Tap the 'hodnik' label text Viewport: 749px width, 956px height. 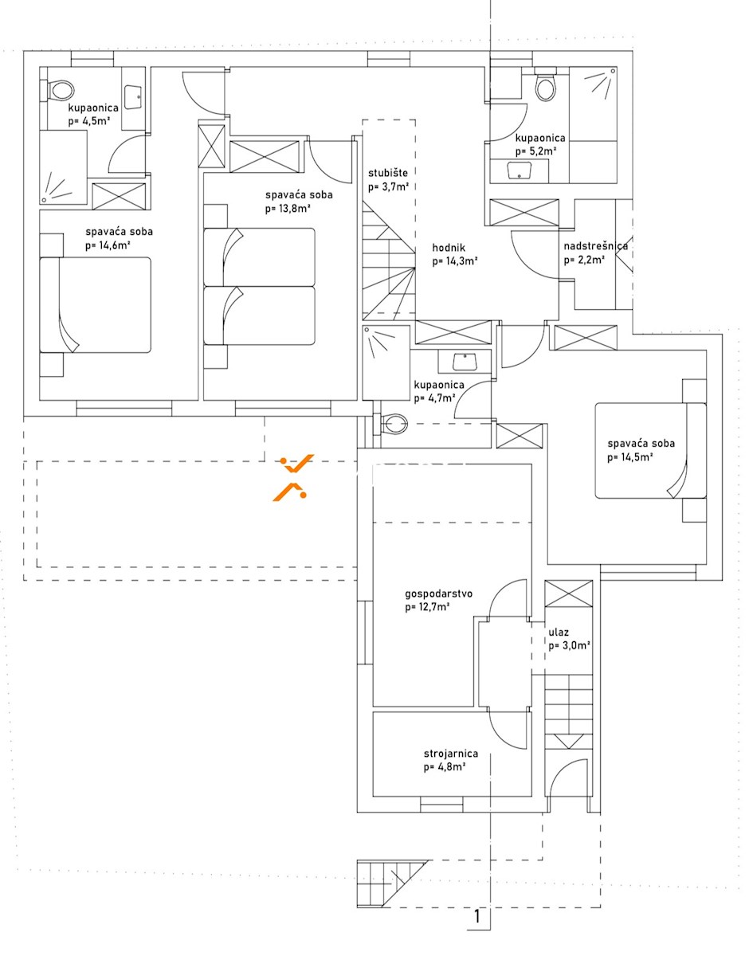449,247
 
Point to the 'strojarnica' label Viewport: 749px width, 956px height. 450,754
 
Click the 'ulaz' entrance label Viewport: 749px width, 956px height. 558,633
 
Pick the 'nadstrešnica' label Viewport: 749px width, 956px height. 595,246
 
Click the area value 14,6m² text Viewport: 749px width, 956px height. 108,245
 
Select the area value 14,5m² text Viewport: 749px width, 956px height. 630,457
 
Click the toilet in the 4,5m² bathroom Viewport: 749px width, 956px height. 59,90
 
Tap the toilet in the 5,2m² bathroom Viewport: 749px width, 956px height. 545,88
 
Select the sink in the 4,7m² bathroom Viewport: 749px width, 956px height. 464,362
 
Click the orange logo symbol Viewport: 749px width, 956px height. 292,476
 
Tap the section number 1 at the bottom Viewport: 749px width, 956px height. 477,917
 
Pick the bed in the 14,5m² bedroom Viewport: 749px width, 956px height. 649,451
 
